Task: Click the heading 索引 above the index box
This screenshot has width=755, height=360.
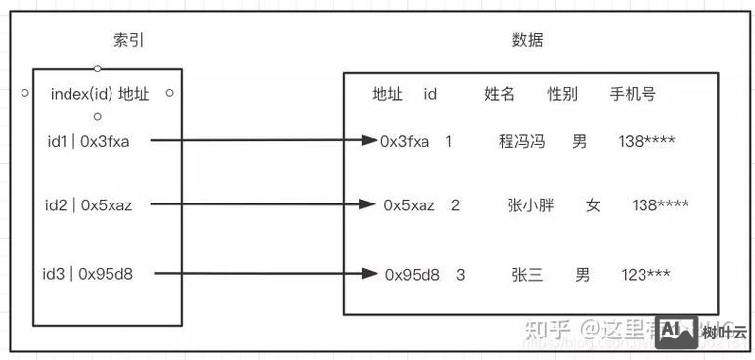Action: (129, 40)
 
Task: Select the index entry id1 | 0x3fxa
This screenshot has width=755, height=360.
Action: (87, 140)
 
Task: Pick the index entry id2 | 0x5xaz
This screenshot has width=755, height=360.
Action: (89, 205)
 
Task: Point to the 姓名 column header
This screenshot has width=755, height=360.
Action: (500, 94)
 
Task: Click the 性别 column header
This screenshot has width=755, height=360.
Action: (562, 94)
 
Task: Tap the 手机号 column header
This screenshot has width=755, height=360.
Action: (633, 94)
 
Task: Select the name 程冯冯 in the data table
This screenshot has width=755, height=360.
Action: (521, 141)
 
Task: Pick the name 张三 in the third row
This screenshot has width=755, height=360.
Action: (527, 275)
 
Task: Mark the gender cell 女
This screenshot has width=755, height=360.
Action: (593, 205)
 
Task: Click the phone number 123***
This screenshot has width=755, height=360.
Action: (645, 275)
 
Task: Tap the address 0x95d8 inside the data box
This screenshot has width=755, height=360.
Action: (412, 275)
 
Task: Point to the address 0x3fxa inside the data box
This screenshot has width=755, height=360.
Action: (405, 141)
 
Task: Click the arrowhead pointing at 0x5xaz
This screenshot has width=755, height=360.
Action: (368, 204)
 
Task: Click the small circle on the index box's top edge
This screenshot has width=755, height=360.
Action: (97, 68)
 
